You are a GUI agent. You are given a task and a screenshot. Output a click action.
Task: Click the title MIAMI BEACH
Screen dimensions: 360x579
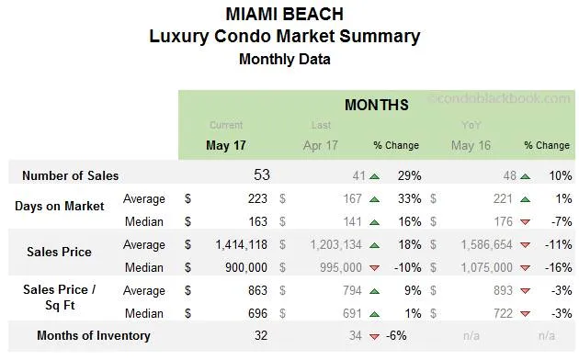[x=284, y=15]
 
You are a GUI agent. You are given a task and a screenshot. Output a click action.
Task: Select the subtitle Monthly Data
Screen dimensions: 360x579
[x=284, y=60]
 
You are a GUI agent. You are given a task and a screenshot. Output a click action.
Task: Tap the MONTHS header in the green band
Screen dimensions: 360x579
[x=376, y=105]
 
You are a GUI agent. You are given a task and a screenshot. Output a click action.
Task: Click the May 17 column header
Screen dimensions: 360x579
[x=226, y=145]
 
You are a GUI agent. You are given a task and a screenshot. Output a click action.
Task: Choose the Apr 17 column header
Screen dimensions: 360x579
[x=320, y=145]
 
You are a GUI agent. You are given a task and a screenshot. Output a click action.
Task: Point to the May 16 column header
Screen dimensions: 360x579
[x=471, y=145]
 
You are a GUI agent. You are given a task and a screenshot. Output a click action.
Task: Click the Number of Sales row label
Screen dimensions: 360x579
[x=70, y=175]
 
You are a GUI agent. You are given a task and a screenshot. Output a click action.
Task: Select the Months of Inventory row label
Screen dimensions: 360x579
[x=93, y=335]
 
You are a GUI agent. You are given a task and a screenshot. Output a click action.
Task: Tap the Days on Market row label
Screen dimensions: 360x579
[x=59, y=206]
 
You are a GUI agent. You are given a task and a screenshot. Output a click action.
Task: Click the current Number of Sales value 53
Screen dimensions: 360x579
[x=261, y=174]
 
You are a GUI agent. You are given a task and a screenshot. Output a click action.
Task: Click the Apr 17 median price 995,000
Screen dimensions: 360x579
[x=339, y=267]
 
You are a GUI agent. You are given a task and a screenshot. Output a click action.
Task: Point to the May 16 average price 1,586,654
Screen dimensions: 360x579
[x=489, y=245]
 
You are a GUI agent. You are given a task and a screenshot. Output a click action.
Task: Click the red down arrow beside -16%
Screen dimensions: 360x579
[x=524, y=268]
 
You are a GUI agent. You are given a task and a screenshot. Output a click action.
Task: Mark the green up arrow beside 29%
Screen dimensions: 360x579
[x=374, y=175]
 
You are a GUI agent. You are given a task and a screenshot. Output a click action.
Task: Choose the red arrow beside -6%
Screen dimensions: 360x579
[x=374, y=336]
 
